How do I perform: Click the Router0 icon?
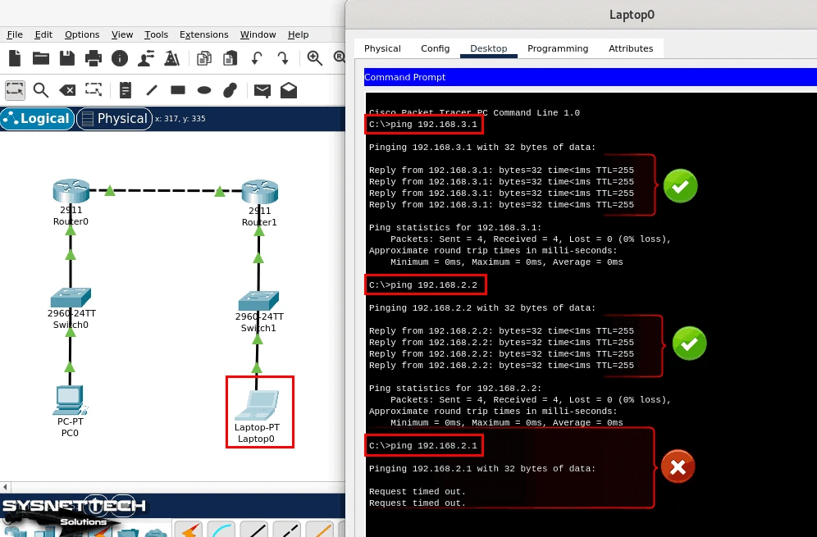(70, 191)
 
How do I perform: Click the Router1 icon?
(259, 192)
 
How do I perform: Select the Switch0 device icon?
(71, 297)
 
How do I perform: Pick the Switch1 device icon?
(258, 300)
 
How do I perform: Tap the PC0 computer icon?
(70, 399)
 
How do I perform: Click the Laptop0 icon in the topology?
(258, 405)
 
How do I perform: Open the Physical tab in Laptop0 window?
(382, 48)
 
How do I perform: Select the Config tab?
(435, 48)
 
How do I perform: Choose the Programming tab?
(558, 48)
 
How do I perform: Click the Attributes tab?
(631, 48)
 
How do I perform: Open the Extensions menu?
(203, 34)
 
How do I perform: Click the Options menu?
(82, 34)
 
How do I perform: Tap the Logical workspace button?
(37, 119)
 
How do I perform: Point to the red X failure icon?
(678, 467)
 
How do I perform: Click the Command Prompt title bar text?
(405, 77)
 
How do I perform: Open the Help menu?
(299, 34)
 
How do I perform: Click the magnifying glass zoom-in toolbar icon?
(314, 57)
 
